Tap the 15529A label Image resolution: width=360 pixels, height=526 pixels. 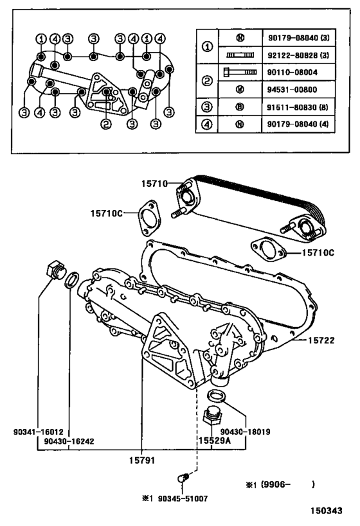[213, 441]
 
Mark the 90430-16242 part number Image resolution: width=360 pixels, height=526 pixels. [69, 442]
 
